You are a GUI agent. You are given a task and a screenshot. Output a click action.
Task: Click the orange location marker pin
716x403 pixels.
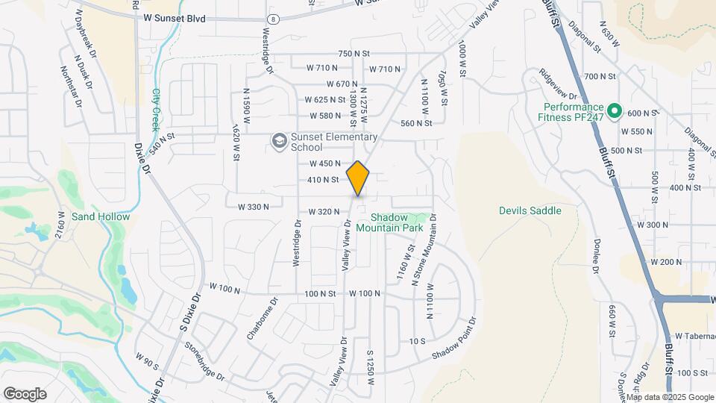tap(358, 178)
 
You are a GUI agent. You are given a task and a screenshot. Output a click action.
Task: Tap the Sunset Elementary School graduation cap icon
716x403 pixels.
tap(279, 141)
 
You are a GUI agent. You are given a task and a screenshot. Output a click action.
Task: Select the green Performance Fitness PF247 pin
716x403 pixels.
tap(615, 112)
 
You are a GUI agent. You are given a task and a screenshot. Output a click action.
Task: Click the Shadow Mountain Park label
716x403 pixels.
tap(389, 222)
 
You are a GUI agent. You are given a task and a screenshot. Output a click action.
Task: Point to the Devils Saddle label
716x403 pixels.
tap(530, 210)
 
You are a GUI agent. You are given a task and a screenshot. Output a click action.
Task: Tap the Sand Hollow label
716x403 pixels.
tap(101, 216)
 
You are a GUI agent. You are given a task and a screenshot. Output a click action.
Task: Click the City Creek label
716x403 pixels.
tap(157, 110)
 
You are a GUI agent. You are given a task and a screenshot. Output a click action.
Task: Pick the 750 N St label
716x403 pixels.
tap(354, 54)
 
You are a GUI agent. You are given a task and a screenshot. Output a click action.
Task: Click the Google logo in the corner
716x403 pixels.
tap(25, 394)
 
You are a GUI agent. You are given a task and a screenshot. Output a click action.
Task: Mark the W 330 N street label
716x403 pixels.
tap(254, 207)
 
